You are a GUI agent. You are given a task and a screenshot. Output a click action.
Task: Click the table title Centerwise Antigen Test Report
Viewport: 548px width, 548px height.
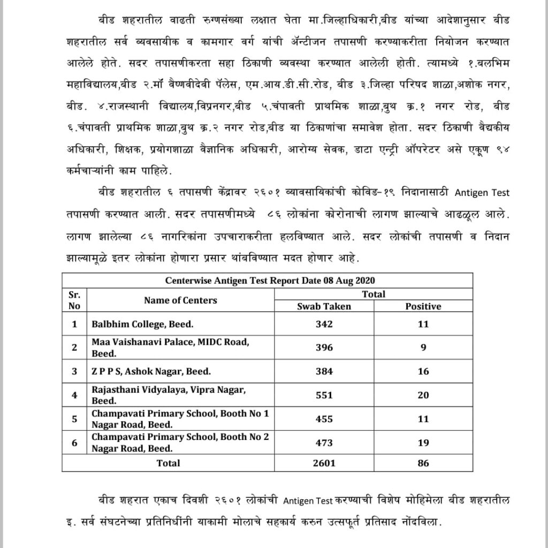click(x=267, y=280)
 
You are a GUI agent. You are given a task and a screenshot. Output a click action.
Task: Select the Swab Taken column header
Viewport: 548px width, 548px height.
click(x=324, y=306)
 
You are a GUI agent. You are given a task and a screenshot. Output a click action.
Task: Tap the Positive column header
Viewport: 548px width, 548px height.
click(x=423, y=306)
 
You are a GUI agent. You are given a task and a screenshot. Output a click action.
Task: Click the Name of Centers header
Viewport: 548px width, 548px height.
click(x=180, y=300)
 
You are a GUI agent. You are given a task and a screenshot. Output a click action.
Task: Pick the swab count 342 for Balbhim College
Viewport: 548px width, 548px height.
click(x=324, y=324)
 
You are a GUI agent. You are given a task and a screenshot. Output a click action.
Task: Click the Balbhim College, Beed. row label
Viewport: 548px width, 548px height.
click(x=142, y=324)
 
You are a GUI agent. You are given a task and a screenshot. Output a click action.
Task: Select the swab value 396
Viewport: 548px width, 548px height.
click(x=324, y=347)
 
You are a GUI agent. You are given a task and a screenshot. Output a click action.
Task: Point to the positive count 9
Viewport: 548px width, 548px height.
click(x=423, y=347)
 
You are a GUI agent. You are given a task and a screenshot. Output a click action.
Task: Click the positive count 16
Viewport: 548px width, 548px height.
click(x=423, y=371)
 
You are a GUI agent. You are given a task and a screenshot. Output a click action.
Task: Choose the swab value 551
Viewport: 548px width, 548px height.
click(x=324, y=395)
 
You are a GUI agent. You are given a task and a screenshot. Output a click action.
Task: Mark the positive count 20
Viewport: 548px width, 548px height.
click(x=423, y=395)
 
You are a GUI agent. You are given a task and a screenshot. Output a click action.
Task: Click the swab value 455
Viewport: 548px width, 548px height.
click(x=324, y=419)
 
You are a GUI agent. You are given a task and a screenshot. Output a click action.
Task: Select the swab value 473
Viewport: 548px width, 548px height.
click(x=324, y=443)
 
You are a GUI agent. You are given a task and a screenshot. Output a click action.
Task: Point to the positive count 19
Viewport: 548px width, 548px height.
click(x=423, y=443)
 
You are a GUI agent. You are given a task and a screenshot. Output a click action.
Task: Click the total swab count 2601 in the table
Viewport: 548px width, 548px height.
click(x=324, y=463)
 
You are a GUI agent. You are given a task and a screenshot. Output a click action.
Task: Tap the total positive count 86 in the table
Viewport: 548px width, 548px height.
click(x=423, y=463)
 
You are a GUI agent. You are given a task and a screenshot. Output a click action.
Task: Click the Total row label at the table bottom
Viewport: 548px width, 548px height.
click(x=168, y=463)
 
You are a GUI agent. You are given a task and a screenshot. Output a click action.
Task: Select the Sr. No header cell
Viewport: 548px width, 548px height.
click(x=74, y=300)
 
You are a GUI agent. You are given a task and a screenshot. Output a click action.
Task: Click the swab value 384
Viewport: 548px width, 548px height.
click(x=324, y=371)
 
